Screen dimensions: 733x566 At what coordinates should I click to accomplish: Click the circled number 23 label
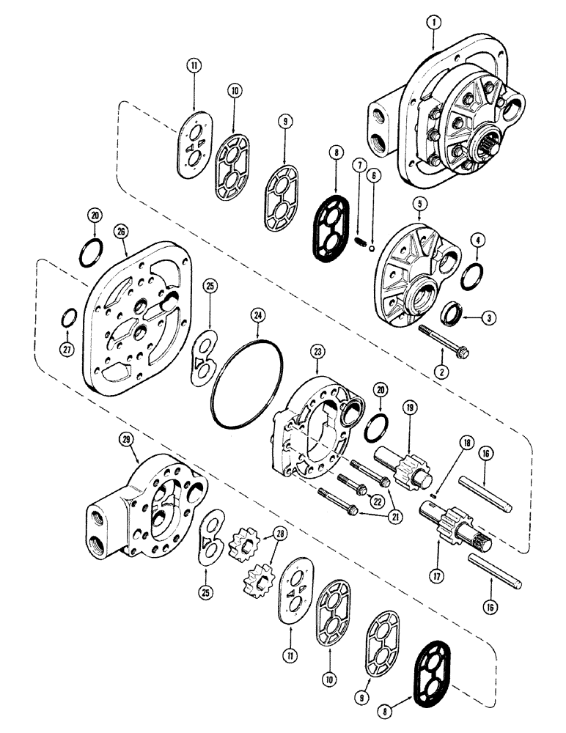(x=318, y=352)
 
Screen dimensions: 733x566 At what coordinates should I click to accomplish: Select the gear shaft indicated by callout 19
(x=400, y=466)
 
